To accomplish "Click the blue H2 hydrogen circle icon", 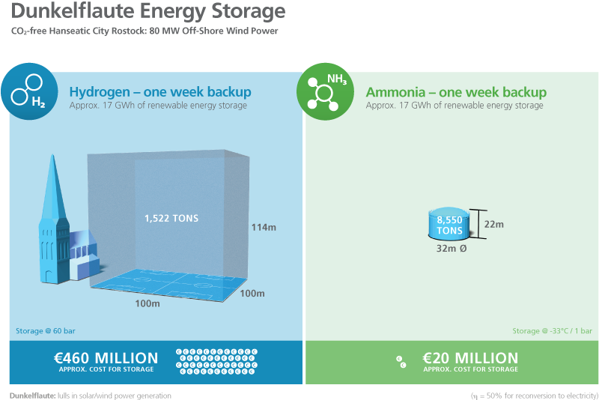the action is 29,91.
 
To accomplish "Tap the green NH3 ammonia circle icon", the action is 325,91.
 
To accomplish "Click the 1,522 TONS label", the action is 171,218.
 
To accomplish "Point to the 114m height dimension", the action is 264,227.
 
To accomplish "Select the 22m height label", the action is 494,224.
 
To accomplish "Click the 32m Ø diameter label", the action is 451,249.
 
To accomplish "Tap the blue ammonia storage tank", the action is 450,224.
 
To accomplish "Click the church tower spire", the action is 53,187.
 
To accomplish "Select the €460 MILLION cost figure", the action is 106,358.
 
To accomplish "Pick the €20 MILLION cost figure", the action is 470,358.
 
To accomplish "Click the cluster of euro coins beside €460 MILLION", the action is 216,361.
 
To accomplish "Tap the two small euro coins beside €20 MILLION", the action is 401,362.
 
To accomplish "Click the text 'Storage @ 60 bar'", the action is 46,331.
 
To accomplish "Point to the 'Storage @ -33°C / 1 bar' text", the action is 552,331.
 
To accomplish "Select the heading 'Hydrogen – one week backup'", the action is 160,92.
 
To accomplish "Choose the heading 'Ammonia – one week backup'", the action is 456,92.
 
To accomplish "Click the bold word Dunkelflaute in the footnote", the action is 33,396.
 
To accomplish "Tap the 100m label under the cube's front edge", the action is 148,303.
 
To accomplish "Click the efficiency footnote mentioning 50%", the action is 535,396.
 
